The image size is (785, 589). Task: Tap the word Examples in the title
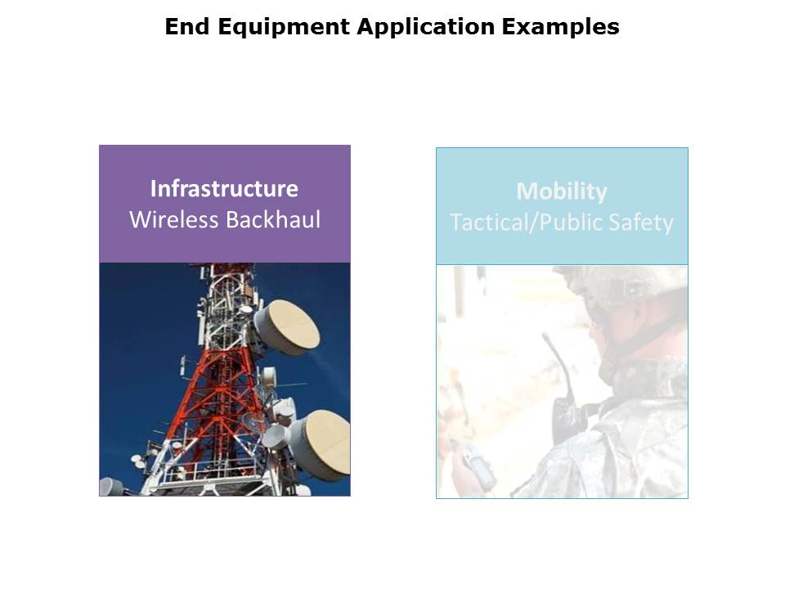[x=561, y=27]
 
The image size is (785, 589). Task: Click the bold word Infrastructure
[x=224, y=189]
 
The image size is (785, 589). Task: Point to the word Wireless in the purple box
[x=174, y=220]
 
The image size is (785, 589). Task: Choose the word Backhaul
[x=273, y=220]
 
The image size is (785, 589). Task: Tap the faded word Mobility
[x=562, y=192]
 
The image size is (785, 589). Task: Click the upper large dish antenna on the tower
[x=287, y=327]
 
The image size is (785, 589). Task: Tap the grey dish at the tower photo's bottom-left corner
[x=111, y=487]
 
